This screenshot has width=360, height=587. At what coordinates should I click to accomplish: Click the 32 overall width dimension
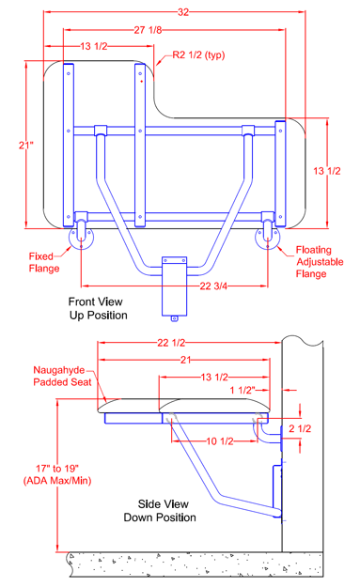click(x=183, y=12)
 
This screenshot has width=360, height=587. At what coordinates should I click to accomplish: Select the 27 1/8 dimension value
click(x=148, y=30)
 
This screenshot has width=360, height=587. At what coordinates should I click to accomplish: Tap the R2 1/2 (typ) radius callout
click(x=198, y=55)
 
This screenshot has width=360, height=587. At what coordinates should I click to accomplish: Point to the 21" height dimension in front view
click(x=26, y=145)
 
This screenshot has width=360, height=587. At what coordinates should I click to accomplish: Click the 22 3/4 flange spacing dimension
click(x=213, y=286)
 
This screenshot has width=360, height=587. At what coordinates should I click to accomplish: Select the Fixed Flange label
click(x=44, y=262)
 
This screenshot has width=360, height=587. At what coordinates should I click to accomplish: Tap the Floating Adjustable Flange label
click(x=320, y=262)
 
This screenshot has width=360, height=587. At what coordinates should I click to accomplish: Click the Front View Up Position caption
click(x=98, y=308)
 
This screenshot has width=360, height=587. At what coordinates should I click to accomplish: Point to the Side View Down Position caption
click(x=160, y=511)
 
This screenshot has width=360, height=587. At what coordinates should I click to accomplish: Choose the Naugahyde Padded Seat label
click(x=63, y=376)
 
